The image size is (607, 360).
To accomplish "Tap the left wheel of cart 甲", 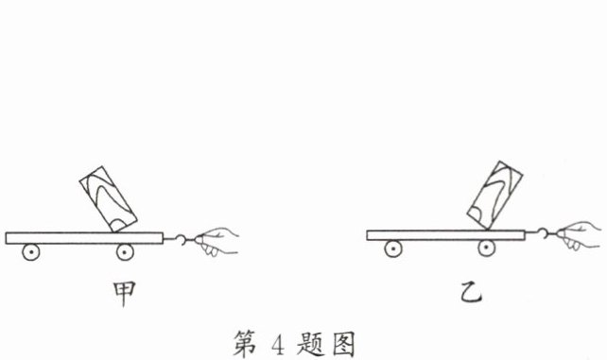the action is point(31,251).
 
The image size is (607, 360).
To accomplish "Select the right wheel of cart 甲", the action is point(125,251).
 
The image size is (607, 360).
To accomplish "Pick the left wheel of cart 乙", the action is point(391,249).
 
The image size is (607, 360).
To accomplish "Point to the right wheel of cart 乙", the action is point(486,249).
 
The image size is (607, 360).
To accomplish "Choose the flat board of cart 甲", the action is point(85,236).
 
